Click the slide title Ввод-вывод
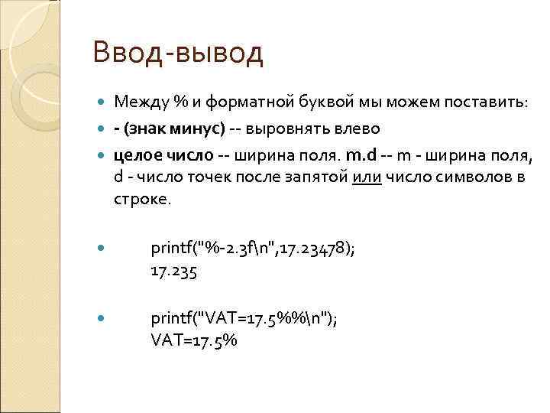(x=177, y=53)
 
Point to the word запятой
(x=319, y=177)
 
